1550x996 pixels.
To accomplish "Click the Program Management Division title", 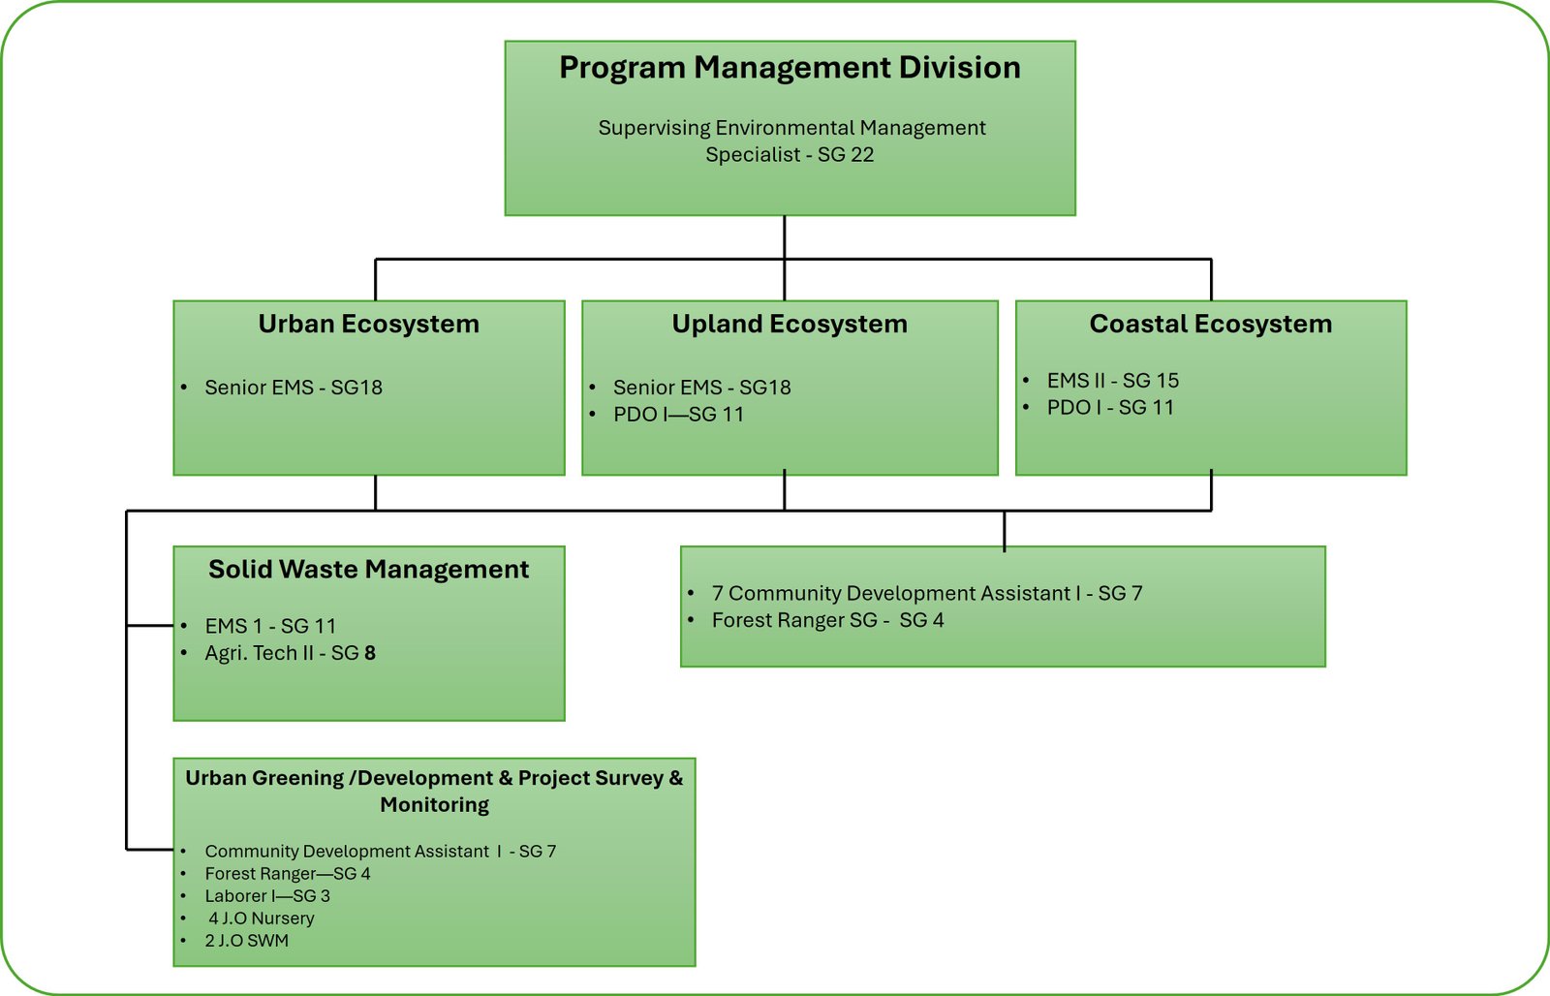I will tap(790, 68).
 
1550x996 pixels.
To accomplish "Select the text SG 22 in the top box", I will tap(846, 155).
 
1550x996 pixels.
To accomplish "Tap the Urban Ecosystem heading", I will tap(368, 324).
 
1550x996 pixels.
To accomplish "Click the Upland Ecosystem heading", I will tap(790, 324).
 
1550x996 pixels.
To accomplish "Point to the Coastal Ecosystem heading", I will tap(1210, 324).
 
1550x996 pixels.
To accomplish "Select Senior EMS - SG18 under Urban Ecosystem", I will tap(293, 388).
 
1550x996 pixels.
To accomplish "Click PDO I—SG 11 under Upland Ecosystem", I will tap(678, 415).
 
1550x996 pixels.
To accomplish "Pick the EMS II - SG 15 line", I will tap(1112, 381).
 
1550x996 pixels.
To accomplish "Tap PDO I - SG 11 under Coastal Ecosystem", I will tap(1109, 408).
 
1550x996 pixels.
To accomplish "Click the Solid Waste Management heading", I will tap(368, 569).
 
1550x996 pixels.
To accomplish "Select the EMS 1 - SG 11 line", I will tap(269, 627).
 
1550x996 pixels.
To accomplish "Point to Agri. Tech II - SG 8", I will tap(290, 654).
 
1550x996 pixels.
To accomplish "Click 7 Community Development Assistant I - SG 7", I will tap(926, 594).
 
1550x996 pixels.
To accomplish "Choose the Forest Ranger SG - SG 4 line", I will tap(827, 621).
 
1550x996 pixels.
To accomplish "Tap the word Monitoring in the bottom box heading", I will tap(434, 805).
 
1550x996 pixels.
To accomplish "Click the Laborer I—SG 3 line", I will tap(266, 896).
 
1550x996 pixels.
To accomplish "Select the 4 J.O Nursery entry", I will tap(261, 918).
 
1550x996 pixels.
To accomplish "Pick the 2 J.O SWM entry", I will tap(246, 941).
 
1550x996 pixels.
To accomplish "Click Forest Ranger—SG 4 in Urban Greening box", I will tap(287, 874).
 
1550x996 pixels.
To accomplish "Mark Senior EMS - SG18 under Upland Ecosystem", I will tap(701, 388).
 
